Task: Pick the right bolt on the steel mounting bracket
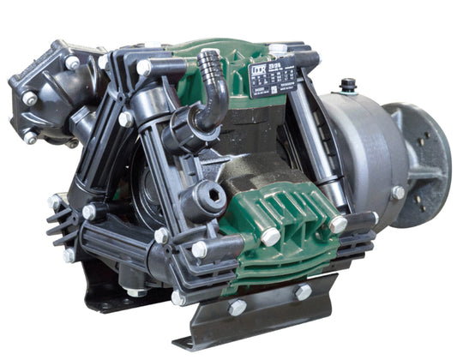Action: click(x=304, y=291)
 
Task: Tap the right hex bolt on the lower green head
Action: click(x=338, y=224)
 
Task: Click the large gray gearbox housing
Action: click(x=360, y=146)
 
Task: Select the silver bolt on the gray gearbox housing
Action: click(x=398, y=193)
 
